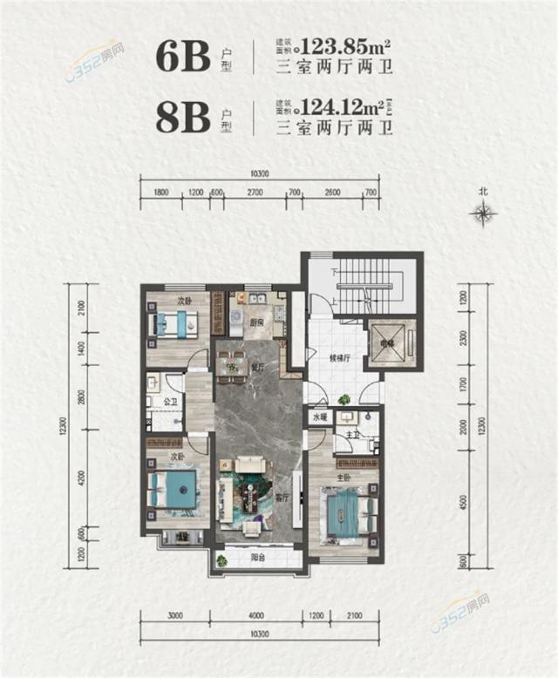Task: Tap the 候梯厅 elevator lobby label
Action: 340,357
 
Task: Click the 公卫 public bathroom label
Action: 171,403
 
